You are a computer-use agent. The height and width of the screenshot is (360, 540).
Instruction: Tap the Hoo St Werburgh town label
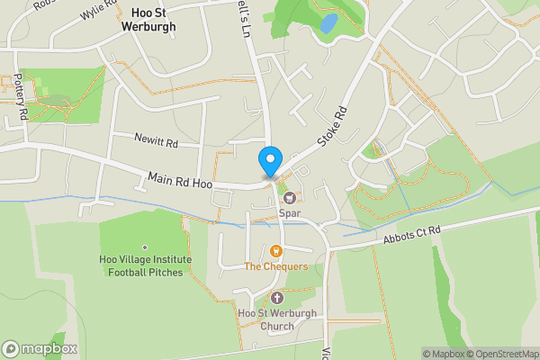pyautogui.click(x=148, y=20)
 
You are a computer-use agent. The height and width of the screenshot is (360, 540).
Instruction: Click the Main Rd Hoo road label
pyautogui.click(x=180, y=183)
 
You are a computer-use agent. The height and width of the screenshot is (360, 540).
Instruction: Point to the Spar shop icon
pyautogui.click(x=290, y=198)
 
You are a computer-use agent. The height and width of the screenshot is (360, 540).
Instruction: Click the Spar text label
pyautogui.click(x=289, y=213)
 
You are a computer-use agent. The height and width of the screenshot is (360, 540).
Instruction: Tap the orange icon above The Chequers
pyautogui.click(x=275, y=250)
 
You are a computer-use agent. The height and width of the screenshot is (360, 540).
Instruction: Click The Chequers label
pyautogui.click(x=275, y=266)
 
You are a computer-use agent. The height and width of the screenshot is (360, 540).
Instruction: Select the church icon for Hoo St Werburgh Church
pyautogui.click(x=275, y=298)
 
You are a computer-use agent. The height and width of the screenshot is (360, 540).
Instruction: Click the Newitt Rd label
pyautogui.click(x=157, y=143)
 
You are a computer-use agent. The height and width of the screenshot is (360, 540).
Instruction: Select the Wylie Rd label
pyautogui.click(x=98, y=12)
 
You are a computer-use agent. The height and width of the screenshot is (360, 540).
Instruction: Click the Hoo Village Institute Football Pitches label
pyautogui.click(x=146, y=265)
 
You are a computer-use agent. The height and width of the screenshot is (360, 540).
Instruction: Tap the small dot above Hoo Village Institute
pyautogui.click(x=145, y=247)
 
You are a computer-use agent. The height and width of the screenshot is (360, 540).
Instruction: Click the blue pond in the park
pyautogui.click(x=328, y=22)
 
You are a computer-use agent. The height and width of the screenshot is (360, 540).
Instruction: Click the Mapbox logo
pyautogui.click(x=40, y=348)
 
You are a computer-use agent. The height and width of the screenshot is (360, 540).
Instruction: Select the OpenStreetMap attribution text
pyautogui.click(x=500, y=354)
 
